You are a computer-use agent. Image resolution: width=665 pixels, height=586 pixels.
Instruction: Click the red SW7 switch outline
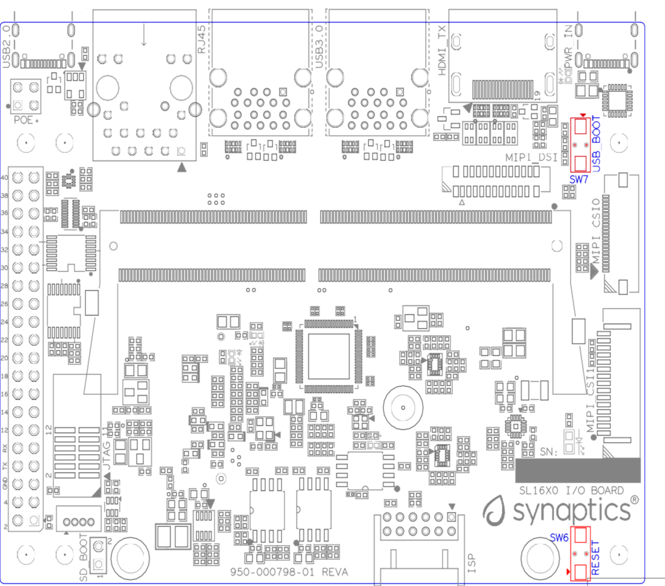pos(581,144)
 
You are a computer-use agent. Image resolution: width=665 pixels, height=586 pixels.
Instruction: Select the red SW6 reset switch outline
pos(581,552)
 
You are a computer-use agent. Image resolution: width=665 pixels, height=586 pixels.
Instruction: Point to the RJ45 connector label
pos(202,41)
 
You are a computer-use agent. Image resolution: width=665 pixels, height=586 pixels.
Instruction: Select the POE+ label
pos(27,121)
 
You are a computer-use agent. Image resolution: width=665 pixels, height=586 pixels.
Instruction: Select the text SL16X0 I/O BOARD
pos(568,490)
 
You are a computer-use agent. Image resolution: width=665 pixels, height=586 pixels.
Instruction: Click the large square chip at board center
pos(329,356)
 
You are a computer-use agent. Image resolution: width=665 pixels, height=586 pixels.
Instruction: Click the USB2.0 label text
pos(7,47)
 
